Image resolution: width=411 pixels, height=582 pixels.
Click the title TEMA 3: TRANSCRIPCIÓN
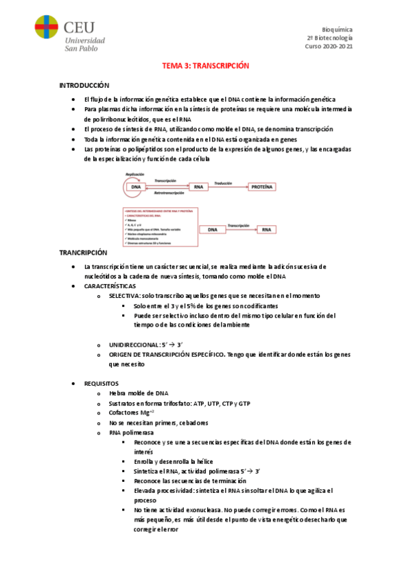click(x=204, y=66)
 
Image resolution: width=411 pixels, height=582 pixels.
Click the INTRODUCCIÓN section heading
click(x=84, y=85)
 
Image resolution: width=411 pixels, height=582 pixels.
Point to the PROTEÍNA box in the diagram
click(x=261, y=187)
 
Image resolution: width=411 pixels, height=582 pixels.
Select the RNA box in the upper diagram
click(x=199, y=187)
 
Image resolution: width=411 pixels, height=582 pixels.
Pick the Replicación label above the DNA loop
click(x=134, y=174)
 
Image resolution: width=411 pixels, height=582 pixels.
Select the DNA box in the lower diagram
click(x=212, y=230)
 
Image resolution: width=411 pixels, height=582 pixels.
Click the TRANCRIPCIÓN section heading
click(x=84, y=253)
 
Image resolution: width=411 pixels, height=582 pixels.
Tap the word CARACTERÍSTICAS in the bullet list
click(x=110, y=286)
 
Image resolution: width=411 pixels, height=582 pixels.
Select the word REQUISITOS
click(x=102, y=383)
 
